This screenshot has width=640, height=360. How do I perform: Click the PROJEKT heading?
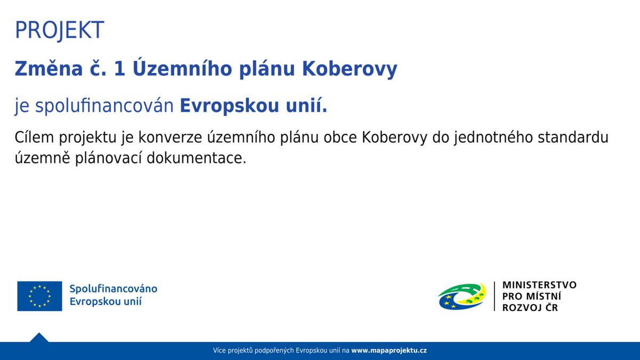(59, 30)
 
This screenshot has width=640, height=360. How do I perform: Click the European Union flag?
(39, 296)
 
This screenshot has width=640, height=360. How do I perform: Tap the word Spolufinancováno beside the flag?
(113, 289)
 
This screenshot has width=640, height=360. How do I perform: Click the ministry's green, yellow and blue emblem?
(462, 296)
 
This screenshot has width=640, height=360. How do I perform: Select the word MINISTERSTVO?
(539, 285)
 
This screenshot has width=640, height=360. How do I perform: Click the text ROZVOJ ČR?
(530, 308)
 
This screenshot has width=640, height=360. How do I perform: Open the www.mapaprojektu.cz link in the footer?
(389, 350)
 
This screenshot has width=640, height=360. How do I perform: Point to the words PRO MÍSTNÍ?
(531, 297)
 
